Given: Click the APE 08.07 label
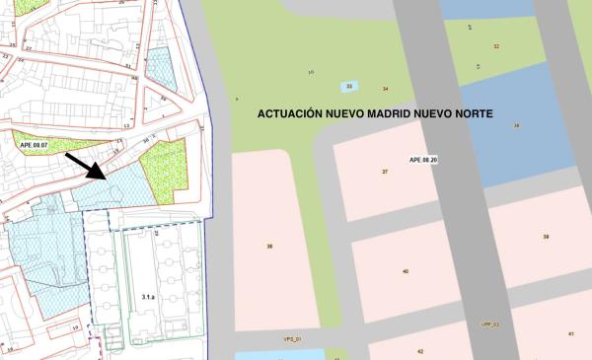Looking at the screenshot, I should click(33, 145).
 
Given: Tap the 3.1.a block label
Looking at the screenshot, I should click(150, 295).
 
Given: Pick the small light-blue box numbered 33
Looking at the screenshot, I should click(348, 87).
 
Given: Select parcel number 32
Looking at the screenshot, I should click(496, 46).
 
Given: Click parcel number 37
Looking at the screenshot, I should click(385, 172).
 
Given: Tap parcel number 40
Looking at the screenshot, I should click(406, 270).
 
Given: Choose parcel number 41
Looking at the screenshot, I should click(571, 333).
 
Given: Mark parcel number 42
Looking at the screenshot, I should click(419, 351).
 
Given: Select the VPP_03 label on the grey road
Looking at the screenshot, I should click(490, 324).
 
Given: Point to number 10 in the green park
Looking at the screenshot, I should click(311, 72).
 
